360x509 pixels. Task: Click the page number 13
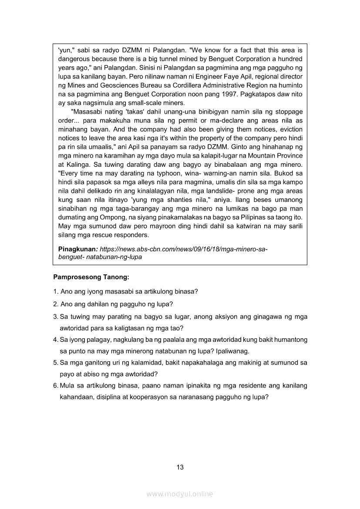(x=180, y=467)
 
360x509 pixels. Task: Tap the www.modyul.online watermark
(x=180, y=494)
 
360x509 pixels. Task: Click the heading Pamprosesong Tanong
(x=91, y=276)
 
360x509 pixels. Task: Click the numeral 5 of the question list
(x=55, y=362)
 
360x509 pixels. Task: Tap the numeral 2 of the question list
(x=55, y=304)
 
